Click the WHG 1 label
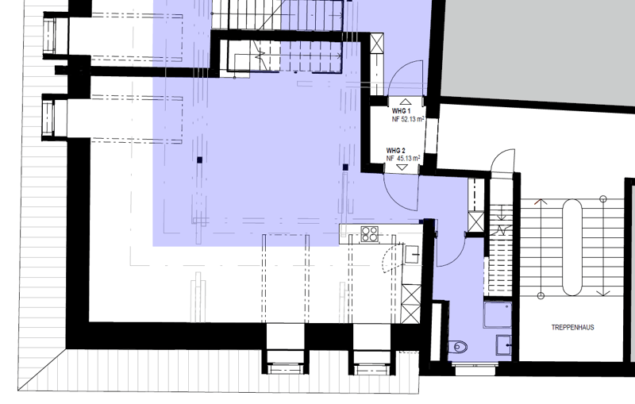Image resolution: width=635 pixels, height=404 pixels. pos(401,111)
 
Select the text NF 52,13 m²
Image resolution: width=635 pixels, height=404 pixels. pos(408,119)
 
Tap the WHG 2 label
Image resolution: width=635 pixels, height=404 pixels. pos(395,151)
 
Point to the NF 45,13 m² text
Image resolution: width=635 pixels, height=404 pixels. pos(403,158)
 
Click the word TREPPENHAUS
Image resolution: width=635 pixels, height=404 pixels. pos(572,327)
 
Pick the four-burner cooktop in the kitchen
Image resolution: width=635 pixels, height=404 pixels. pos(370,234)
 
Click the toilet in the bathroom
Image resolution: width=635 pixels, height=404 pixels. pos(459,347)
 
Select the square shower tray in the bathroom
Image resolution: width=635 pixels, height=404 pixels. pos(498,314)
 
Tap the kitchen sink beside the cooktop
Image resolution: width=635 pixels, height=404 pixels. pos(413,255)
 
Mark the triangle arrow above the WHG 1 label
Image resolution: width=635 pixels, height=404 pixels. pos(406,102)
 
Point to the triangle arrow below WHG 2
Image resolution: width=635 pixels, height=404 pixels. pos(402,167)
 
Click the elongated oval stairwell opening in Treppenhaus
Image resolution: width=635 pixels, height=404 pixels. pos(571,248)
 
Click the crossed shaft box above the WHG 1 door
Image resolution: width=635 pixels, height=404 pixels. pos(376,43)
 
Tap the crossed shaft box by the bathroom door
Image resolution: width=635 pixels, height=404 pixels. pos(475,221)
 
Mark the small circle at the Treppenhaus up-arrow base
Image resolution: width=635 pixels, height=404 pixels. pos(541,295)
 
